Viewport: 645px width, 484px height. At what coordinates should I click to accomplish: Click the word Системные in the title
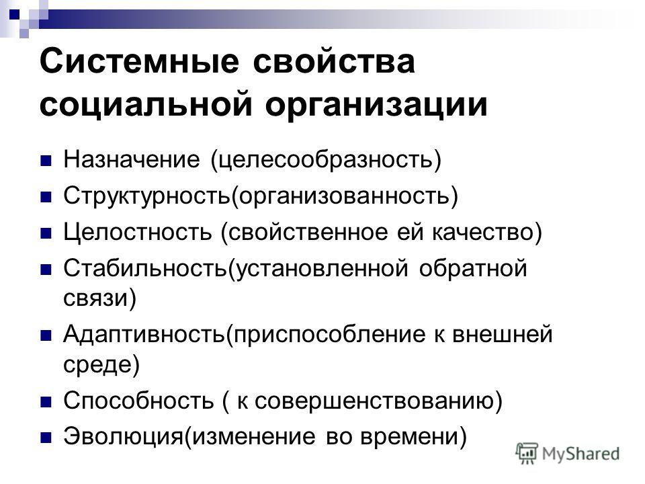[x=139, y=62]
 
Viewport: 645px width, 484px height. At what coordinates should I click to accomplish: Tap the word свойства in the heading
[x=334, y=62]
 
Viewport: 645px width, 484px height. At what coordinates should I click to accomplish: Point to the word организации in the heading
[x=376, y=105]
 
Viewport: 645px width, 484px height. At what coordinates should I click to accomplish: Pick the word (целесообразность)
[x=326, y=161]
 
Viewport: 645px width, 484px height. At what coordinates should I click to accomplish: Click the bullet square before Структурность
[x=46, y=197]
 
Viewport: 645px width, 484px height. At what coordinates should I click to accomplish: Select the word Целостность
[x=138, y=232]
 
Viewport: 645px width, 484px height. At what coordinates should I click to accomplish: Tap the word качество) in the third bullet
[x=487, y=233]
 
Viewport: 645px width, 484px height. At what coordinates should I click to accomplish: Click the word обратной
[x=473, y=268]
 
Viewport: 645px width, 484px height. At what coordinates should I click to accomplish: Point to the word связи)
[x=99, y=298]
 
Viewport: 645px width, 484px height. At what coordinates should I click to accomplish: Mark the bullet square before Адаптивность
[x=46, y=335]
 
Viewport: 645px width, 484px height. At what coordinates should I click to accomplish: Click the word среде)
[x=101, y=364]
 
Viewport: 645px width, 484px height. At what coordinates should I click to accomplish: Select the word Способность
[x=138, y=399]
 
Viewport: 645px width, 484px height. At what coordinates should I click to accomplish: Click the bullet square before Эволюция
[x=46, y=437]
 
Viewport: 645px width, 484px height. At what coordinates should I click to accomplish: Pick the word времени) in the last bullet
[x=414, y=436]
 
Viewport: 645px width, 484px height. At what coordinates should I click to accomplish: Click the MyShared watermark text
[x=580, y=454]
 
